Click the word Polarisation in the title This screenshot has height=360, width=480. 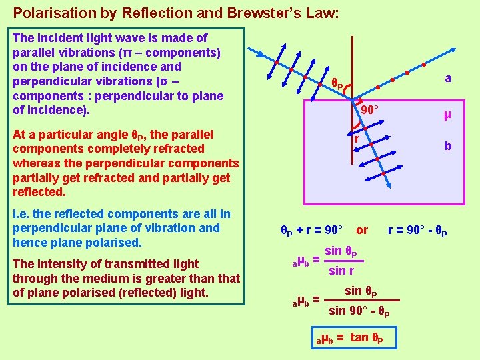[x=45, y=12]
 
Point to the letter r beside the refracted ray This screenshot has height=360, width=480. [x=357, y=139]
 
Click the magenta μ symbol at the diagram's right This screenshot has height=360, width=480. [x=448, y=114]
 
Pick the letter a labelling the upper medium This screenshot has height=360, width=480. [x=448, y=78]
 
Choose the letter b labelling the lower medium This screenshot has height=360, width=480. [x=448, y=146]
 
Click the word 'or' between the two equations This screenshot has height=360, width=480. [x=362, y=230]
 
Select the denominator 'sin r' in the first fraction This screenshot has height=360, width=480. [x=342, y=270]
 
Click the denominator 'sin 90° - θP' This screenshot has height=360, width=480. [x=359, y=311]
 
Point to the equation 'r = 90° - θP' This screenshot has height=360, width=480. [x=417, y=231]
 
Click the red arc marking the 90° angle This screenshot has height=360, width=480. [x=356, y=122]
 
